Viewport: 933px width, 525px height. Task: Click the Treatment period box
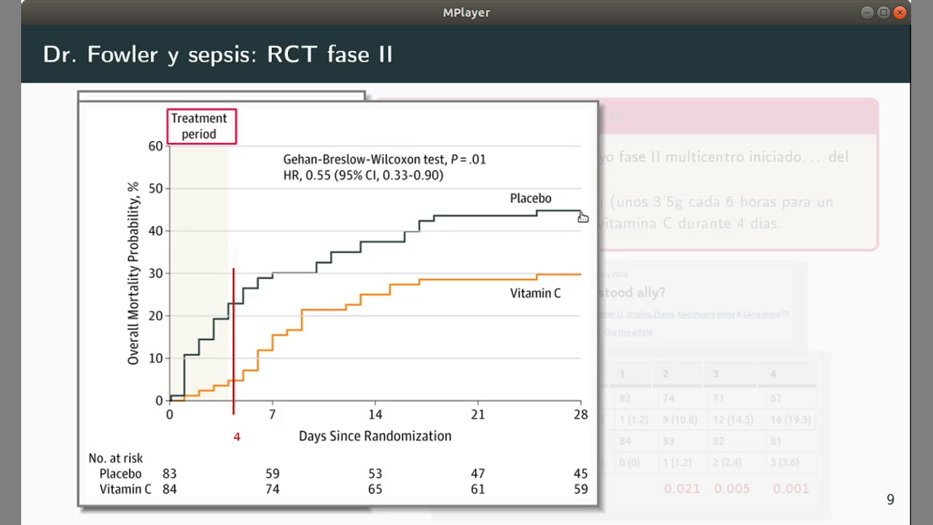pos(201,126)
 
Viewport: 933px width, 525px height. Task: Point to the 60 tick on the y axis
pos(155,147)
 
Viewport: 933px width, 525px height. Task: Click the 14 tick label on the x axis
pos(375,414)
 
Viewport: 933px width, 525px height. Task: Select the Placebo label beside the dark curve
pos(530,198)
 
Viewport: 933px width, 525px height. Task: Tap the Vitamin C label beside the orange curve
pos(535,293)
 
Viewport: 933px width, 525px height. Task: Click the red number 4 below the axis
pos(236,437)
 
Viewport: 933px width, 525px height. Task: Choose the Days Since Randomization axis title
pos(375,436)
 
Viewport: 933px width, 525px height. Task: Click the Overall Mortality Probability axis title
pos(133,273)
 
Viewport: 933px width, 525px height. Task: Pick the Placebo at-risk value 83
pos(169,474)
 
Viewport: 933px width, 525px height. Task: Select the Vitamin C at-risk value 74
pos(272,489)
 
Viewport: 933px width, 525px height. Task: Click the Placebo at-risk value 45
pos(580,474)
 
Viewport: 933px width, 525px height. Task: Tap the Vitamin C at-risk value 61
pos(477,489)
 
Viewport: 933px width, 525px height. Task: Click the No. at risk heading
pos(115,459)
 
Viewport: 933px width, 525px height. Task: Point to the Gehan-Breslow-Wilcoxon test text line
pos(384,160)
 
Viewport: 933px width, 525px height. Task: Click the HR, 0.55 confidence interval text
pos(363,175)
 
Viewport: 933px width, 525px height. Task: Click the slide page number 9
pos(890,499)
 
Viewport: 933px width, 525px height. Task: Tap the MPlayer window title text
pos(466,12)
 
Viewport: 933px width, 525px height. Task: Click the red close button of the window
pos(900,12)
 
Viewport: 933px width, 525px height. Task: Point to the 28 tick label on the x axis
pos(580,414)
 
